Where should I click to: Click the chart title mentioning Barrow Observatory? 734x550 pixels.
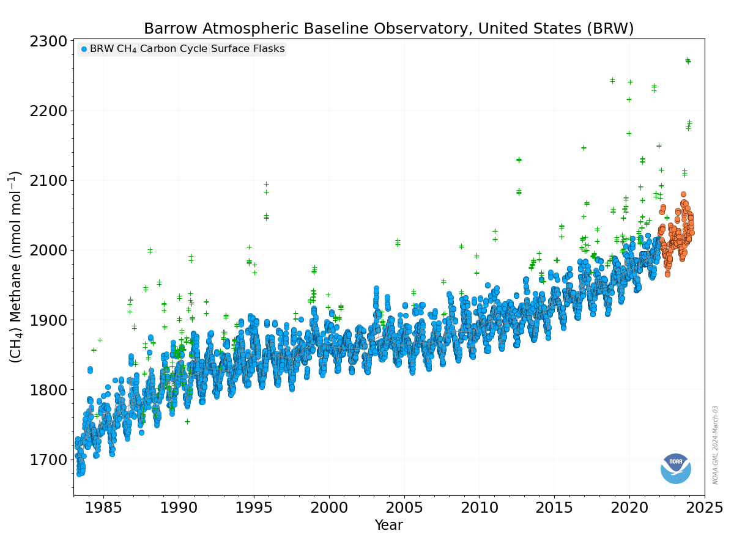click(x=388, y=28)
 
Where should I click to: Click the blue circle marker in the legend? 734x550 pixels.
click(x=84, y=49)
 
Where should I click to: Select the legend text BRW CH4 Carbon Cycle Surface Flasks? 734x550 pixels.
click(x=187, y=49)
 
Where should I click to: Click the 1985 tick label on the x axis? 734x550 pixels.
click(x=103, y=508)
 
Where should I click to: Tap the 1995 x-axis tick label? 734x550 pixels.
click(x=254, y=508)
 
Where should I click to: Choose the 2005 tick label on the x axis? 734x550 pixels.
click(x=404, y=508)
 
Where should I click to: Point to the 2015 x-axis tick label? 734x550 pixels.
click(x=554, y=508)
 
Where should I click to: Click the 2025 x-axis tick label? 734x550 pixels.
click(x=705, y=508)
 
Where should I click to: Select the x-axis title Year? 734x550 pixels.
click(x=388, y=526)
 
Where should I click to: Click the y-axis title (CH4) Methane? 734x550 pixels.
click(x=15, y=267)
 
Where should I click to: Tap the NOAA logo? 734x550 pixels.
click(x=675, y=469)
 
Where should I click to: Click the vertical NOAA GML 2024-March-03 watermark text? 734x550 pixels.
click(x=715, y=445)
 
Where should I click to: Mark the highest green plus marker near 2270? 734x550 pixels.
click(x=688, y=60)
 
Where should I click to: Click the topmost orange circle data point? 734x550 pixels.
click(x=683, y=194)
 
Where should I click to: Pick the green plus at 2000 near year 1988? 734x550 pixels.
click(x=150, y=250)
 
